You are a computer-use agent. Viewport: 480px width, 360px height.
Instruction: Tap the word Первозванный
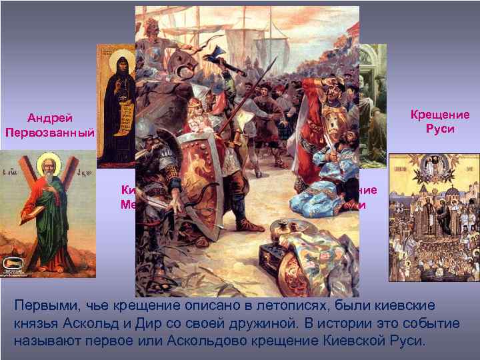pos(49,131)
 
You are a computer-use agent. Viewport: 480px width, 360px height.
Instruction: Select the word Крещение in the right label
pos(440,115)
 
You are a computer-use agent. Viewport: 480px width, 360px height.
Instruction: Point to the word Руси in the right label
pos(440,128)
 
